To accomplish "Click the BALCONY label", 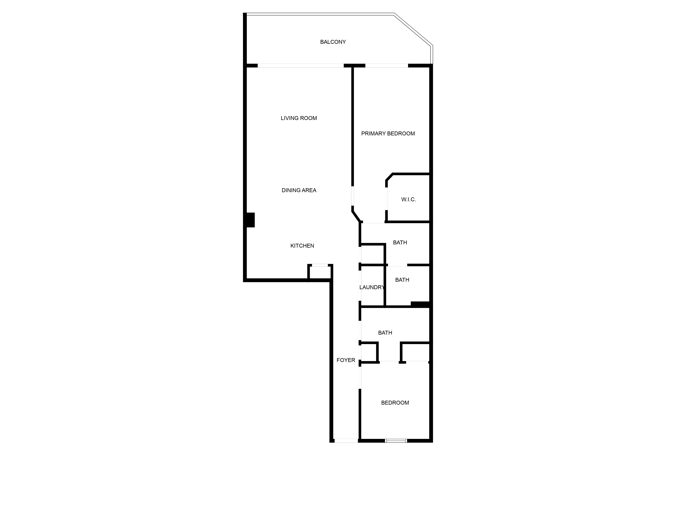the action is click(x=333, y=42).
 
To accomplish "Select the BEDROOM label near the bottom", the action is click(x=395, y=403).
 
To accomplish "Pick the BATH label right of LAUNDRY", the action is click(x=402, y=280).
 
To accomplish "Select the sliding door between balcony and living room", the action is click(x=301, y=65).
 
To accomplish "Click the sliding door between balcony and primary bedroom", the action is click(x=387, y=65).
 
